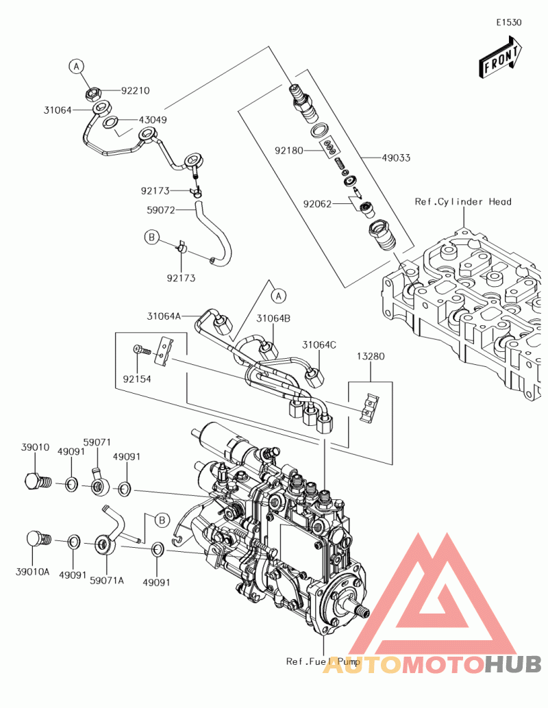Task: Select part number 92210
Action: pos(136,90)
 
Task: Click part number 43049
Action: pos(153,119)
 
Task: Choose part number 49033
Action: pos(397,157)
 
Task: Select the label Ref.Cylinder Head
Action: pos(463,202)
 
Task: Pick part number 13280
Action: pos(370,357)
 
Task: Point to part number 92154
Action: pos(137,378)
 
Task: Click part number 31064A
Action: pos(163,316)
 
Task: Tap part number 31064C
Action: pos(320,344)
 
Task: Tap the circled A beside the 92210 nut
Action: pos(77,66)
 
